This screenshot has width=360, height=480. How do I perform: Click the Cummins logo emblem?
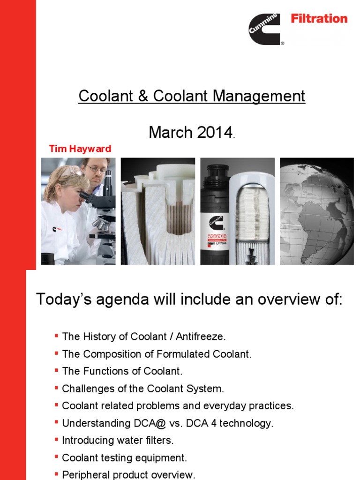265,29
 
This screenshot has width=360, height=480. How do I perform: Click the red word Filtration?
319,19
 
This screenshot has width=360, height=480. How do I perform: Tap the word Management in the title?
259,96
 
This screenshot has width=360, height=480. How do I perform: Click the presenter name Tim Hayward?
80,149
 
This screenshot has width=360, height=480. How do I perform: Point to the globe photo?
317,211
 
